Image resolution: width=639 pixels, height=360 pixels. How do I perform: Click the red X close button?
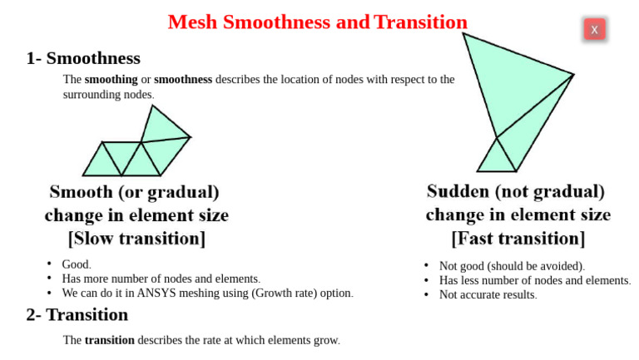tap(594, 30)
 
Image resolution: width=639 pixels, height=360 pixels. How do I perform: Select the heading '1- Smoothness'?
tap(83, 59)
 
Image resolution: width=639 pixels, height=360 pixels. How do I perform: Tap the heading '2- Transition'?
tap(77, 315)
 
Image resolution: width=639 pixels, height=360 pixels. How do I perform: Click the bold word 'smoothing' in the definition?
tap(111, 80)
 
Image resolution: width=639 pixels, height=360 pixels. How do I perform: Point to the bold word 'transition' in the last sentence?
tap(109, 340)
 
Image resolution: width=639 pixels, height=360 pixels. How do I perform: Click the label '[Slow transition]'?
tap(136, 239)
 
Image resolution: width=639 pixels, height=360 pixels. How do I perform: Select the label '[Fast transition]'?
tap(518, 239)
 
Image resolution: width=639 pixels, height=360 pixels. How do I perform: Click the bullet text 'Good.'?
tap(77, 265)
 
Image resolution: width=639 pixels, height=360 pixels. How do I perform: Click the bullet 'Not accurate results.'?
tap(488, 295)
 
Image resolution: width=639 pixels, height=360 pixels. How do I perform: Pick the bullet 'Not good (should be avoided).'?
tap(512, 266)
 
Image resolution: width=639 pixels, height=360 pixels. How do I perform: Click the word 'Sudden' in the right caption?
tap(458, 192)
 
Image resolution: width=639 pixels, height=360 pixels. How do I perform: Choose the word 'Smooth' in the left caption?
tap(81, 192)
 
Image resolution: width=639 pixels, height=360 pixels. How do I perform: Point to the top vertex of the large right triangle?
tap(463, 33)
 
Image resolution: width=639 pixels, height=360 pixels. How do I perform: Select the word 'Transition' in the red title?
tap(420, 22)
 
